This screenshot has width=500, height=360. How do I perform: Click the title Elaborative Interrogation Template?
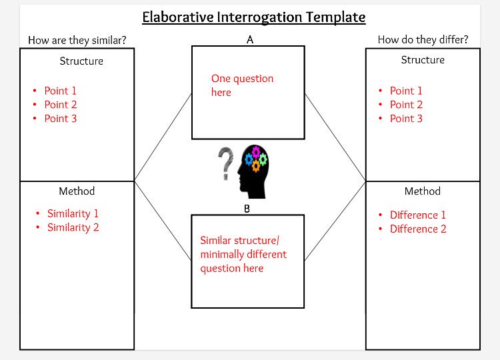(254, 17)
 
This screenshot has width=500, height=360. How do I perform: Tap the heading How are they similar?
(77, 40)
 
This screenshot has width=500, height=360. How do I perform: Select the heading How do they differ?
(423, 40)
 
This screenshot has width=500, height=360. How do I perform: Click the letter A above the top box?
(250, 40)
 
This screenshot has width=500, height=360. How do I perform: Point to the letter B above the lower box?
(247, 209)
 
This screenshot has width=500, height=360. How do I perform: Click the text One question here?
(242, 85)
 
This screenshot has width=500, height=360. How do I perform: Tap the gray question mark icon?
(226, 164)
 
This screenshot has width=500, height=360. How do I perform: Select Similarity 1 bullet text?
(73, 213)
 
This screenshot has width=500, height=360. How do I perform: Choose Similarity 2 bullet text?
(73, 227)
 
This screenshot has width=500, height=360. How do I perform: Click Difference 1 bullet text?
(418, 215)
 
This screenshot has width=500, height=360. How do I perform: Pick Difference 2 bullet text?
(418, 229)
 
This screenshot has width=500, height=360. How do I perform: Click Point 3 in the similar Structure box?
(61, 119)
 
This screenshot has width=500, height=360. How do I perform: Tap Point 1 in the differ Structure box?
(406, 91)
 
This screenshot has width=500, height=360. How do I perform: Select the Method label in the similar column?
(77, 191)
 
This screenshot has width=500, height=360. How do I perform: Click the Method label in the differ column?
(423, 191)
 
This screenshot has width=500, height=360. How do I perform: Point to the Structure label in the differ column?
(423, 60)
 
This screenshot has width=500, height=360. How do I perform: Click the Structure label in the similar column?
(81, 61)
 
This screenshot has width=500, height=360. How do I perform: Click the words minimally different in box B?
(243, 254)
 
